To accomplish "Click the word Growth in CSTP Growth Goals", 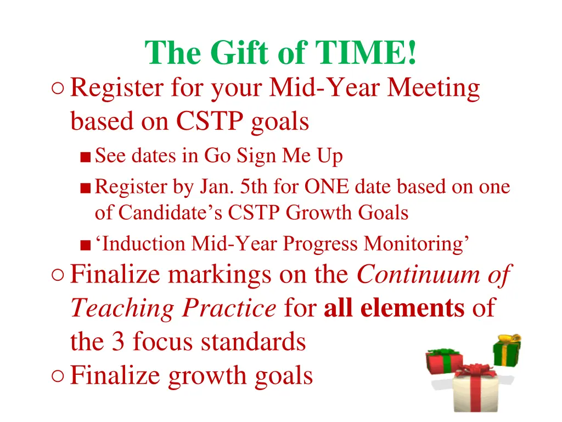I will click(319, 212).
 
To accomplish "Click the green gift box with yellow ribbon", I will click(506, 352).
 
